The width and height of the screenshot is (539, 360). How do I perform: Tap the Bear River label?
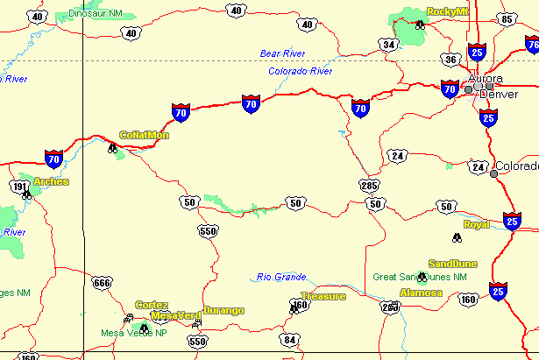[x=281, y=54]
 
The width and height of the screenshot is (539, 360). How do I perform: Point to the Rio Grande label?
[x=281, y=277]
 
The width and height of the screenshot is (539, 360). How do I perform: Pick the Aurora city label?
[x=485, y=79]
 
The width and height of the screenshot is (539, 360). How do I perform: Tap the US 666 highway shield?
[x=102, y=282]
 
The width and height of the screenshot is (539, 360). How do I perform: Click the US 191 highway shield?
[x=19, y=187]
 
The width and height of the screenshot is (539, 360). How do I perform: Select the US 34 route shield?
[x=389, y=44]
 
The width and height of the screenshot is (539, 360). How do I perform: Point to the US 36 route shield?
[x=450, y=59]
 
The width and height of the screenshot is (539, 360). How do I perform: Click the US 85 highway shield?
[x=506, y=18]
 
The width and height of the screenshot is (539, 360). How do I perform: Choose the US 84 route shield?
[x=291, y=339]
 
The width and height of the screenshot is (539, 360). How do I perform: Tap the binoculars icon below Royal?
[x=456, y=237]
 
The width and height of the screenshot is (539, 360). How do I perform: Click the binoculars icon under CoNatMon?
[x=113, y=149]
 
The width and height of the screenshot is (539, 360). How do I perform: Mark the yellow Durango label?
[x=223, y=310]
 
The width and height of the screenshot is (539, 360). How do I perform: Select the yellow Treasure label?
[x=323, y=296]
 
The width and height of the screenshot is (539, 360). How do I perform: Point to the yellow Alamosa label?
[x=422, y=292]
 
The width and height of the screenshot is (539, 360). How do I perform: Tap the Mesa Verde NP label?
[x=133, y=333]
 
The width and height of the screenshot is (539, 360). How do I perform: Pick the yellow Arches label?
[x=51, y=182]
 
